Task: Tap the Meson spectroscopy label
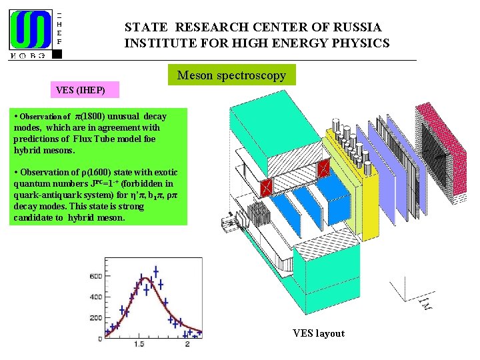click(231, 75)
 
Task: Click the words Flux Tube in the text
click(95, 139)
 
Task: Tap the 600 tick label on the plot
click(95, 276)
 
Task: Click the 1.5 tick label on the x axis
click(139, 344)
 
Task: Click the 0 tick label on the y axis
click(99, 339)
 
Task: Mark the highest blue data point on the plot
click(155, 271)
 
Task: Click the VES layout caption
click(319, 333)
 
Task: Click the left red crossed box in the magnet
click(267, 188)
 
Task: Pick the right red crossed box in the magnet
click(323, 167)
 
